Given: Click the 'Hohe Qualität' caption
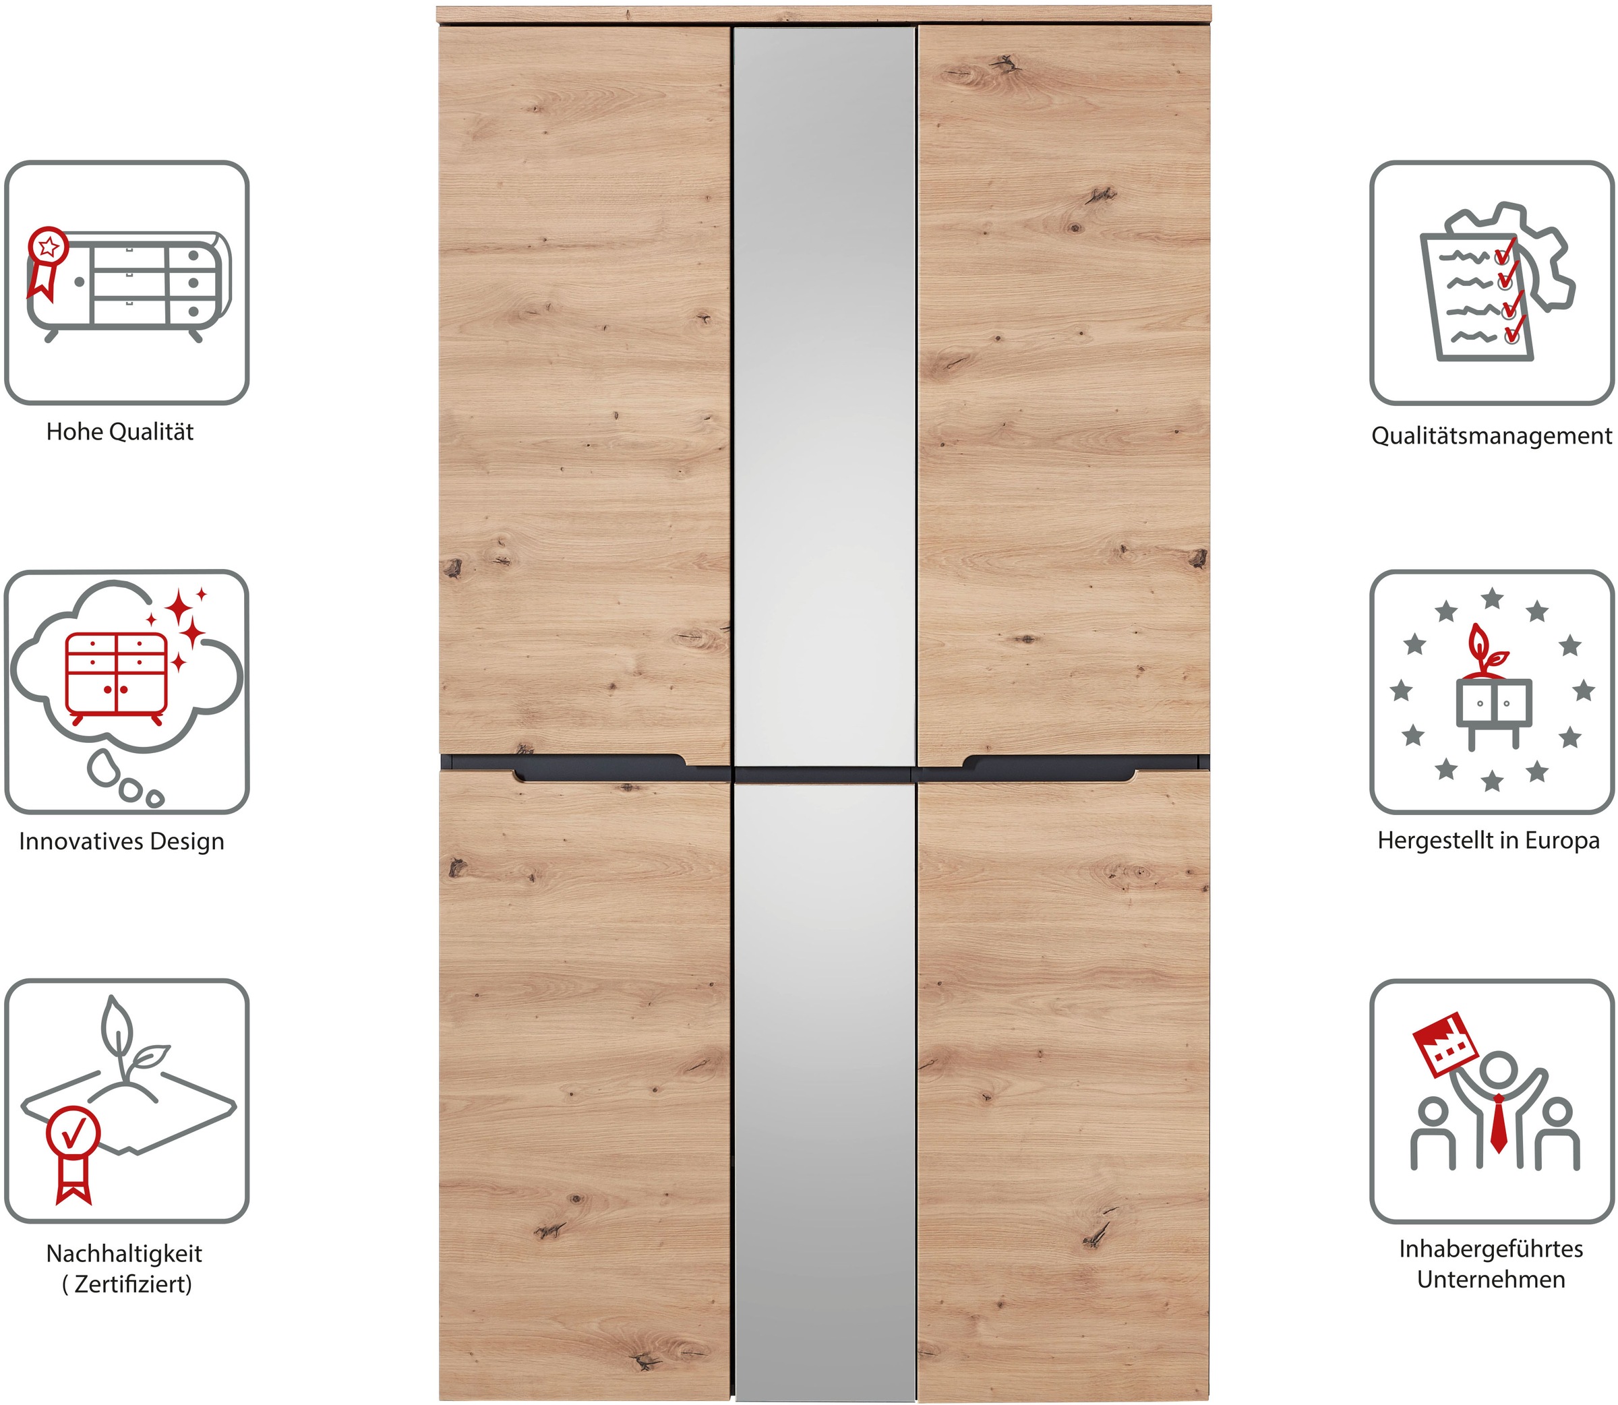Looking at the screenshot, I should coord(119,432).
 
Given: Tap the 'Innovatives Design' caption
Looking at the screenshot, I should coord(121,841).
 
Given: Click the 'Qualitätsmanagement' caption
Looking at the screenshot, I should coord(1491,436).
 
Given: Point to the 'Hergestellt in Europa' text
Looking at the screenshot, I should coord(1488,841).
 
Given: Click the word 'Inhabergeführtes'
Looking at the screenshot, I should coord(1490,1249).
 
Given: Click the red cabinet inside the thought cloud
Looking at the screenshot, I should coord(116,676).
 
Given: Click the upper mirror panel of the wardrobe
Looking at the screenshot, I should coord(824,392).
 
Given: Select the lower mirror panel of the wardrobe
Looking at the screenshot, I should coord(824,1082).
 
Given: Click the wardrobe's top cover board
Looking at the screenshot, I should coord(823,14).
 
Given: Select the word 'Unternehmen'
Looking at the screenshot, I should coord(1490,1280).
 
